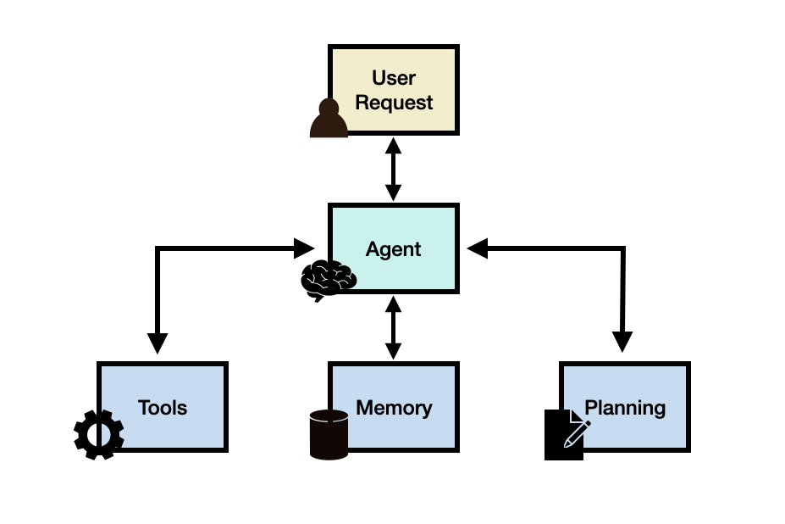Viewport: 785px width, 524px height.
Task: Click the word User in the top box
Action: pyautogui.click(x=394, y=78)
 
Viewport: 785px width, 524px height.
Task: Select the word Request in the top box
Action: pyautogui.click(x=394, y=103)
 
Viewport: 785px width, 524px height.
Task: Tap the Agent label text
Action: pyautogui.click(x=394, y=249)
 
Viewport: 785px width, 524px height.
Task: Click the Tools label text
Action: pyautogui.click(x=163, y=408)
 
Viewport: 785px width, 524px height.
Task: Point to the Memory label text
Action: pyautogui.click(x=394, y=408)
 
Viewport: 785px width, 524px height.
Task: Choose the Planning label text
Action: pyautogui.click(x=625, y=408)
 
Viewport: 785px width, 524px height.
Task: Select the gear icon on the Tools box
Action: pyautogui.click(x=99, y=434)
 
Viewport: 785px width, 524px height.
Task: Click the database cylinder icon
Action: pyautogui.click(x=329, y=434)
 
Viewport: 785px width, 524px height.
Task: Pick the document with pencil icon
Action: pyautogui.click(x=564, y=434)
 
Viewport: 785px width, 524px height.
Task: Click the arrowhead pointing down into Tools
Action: pyautogui.click(x=158, y=343)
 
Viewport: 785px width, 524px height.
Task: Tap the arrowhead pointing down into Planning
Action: pyautogui.click(x=622, y=343)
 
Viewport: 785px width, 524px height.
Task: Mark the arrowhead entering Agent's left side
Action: pyautogui.click(x=304, y=248)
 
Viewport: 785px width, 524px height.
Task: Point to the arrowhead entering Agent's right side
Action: pyautogui.click(x=478, y=248)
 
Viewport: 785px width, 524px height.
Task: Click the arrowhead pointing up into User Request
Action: pyautogui.click(x=394, y=145)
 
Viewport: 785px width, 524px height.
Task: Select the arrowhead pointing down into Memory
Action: pyautogui.click(x=394, y=350)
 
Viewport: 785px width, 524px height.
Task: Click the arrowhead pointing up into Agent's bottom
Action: pyautogui.click(x=394, y=304)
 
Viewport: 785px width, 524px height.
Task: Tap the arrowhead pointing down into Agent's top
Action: pyautogui.click(x=394, y=192)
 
